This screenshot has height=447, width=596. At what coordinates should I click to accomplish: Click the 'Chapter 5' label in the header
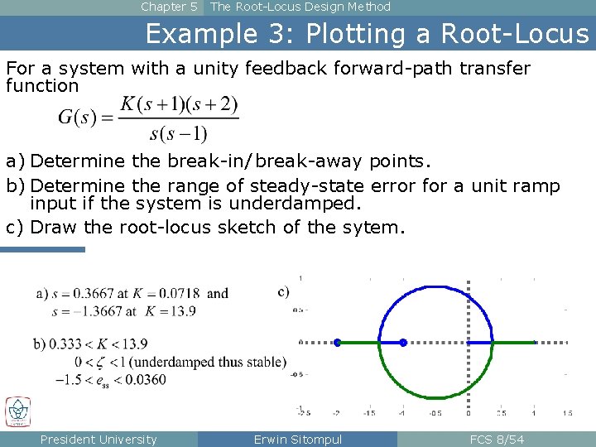click(x=169, y=7)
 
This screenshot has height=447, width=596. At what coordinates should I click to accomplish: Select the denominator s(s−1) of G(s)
click(x=178, y=132)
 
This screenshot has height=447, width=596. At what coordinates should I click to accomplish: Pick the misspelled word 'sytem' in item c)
click(x=379, y=227)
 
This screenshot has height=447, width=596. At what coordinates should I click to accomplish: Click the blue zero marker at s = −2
click(x=338, y=342)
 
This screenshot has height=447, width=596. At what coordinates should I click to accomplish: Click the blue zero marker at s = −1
click(x=403, y=342)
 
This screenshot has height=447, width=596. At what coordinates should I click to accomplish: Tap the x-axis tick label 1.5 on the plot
click(x=566, y=412)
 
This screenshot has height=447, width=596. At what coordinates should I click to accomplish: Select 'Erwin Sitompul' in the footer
click(x=298, y=440)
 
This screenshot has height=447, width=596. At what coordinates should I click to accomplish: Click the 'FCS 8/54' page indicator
click(x=497, y=440)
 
